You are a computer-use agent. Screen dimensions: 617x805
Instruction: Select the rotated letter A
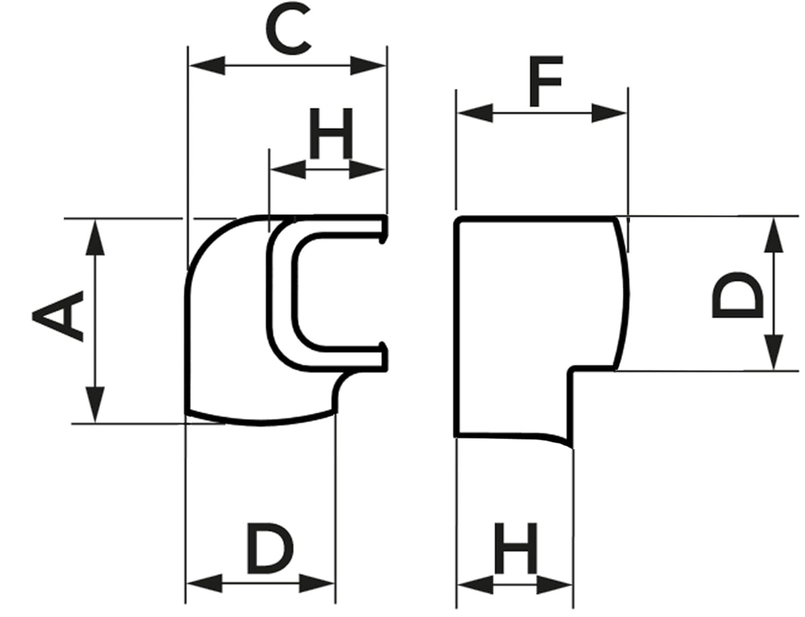[58, 316]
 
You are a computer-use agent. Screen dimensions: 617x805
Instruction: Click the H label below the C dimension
[331, 133]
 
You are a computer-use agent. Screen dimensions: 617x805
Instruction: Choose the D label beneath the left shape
[270, 548]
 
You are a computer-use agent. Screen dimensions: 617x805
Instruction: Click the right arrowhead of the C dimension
[369, 65]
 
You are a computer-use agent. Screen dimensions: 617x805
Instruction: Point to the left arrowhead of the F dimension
[475, 113]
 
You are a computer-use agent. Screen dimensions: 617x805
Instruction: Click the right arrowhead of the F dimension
[609, 113]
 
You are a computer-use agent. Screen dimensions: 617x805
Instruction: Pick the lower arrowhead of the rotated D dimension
[775, 352]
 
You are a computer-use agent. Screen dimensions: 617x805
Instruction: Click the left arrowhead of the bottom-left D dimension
[204, 583]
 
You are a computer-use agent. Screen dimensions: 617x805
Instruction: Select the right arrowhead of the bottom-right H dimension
[555, 585]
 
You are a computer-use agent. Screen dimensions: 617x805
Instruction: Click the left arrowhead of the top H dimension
[288, 169]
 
